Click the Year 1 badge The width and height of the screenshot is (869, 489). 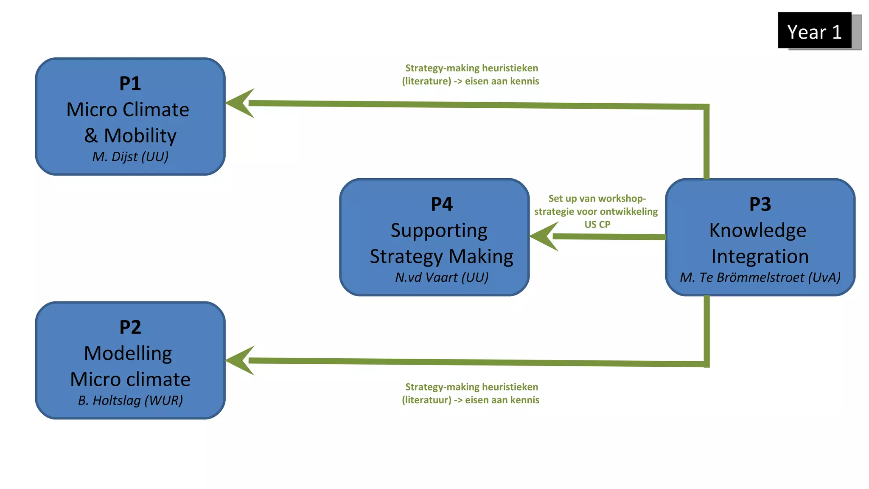coord(814,31)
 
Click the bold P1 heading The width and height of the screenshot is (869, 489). coord(130,83)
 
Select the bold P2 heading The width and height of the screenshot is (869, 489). coord(130,327)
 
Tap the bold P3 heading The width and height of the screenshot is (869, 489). coord(760,204)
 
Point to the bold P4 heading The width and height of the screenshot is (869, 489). coord(441,204)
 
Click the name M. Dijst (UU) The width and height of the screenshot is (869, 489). coord(130,157)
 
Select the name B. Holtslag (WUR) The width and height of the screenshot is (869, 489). coord(130,400)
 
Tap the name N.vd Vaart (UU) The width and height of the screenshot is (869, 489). coord(441,277)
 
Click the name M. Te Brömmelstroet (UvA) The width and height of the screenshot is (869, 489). coord(760,277)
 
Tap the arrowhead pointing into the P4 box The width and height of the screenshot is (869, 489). coord(544,236)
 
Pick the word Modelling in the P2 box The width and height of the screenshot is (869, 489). coord(128,353)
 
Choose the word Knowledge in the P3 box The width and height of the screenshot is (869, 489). coord(757,230)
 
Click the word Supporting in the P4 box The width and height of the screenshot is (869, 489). coord(439,230)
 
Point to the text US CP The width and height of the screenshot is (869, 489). coord(597,225)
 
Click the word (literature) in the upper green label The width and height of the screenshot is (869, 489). coord(426,81)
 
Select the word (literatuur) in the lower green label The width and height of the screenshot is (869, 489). coord(426,400)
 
